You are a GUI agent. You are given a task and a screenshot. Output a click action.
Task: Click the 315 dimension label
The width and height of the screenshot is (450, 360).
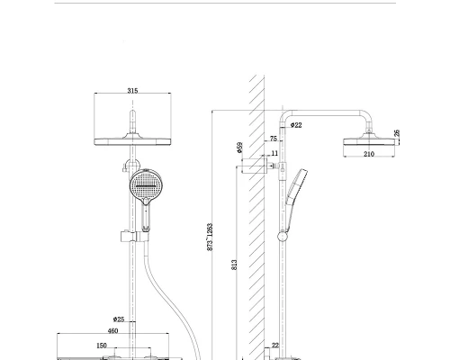(x=132, y=91)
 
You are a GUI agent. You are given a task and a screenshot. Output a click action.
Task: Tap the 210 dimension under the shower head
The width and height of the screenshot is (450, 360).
(x=369, y=154)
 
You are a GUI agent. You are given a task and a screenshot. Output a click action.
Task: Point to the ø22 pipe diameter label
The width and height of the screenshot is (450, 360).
(x=296, y=125)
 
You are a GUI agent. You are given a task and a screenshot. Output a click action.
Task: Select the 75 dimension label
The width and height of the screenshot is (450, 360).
(x=274, y=139)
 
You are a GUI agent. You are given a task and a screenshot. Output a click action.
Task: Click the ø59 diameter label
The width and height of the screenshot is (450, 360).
(x=239, y=148)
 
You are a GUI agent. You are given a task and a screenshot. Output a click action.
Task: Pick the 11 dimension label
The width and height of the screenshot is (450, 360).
(x=274, y=153)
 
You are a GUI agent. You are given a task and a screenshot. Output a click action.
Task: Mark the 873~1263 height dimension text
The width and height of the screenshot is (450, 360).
(x=210, y=237)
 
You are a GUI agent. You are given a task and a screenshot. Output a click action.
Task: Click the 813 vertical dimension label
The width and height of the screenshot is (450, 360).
(x=234, y=265)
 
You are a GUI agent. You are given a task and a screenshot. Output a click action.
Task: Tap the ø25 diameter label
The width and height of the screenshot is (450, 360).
(x=119, y=319)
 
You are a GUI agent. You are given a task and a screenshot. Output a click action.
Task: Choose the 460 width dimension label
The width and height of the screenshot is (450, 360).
(x=112, y=331)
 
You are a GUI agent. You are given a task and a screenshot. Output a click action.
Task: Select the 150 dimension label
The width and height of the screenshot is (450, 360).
(x=102, y=346)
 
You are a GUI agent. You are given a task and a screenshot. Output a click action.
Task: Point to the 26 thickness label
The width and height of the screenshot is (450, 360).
(x=397, y=133)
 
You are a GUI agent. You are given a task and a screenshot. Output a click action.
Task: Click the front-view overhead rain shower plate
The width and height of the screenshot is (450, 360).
(x=132, y=141)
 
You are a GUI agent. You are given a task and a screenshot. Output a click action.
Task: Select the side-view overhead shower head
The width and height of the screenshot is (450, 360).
(x=369, y=141)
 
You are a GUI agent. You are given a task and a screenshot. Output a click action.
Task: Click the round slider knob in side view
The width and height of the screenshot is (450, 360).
(x=283, y=237)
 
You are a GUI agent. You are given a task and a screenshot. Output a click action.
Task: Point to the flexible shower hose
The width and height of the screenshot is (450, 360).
(x=172, y=300)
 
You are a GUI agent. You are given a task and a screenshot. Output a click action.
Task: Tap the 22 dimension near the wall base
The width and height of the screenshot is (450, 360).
(x=275, y=346)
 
